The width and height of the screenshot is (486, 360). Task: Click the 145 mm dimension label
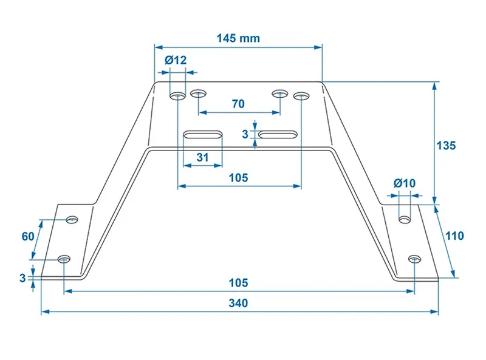[x=238, y=38]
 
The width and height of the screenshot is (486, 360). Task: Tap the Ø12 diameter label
[x=176, y=59]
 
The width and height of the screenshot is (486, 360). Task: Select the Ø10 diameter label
[x=405, y=183]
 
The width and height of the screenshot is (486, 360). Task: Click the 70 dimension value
[x=238, y=104]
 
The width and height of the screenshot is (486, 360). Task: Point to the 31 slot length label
[x=203, y=157]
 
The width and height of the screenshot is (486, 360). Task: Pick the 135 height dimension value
[x=446, y=145]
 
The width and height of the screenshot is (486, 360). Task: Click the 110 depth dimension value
[x=454, y=236]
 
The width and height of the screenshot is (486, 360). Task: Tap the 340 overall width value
[x=238, y=303]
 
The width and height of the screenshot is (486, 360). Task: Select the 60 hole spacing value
[x=28, y=236]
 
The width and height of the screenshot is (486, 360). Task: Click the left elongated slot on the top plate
[x=203, y=135]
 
